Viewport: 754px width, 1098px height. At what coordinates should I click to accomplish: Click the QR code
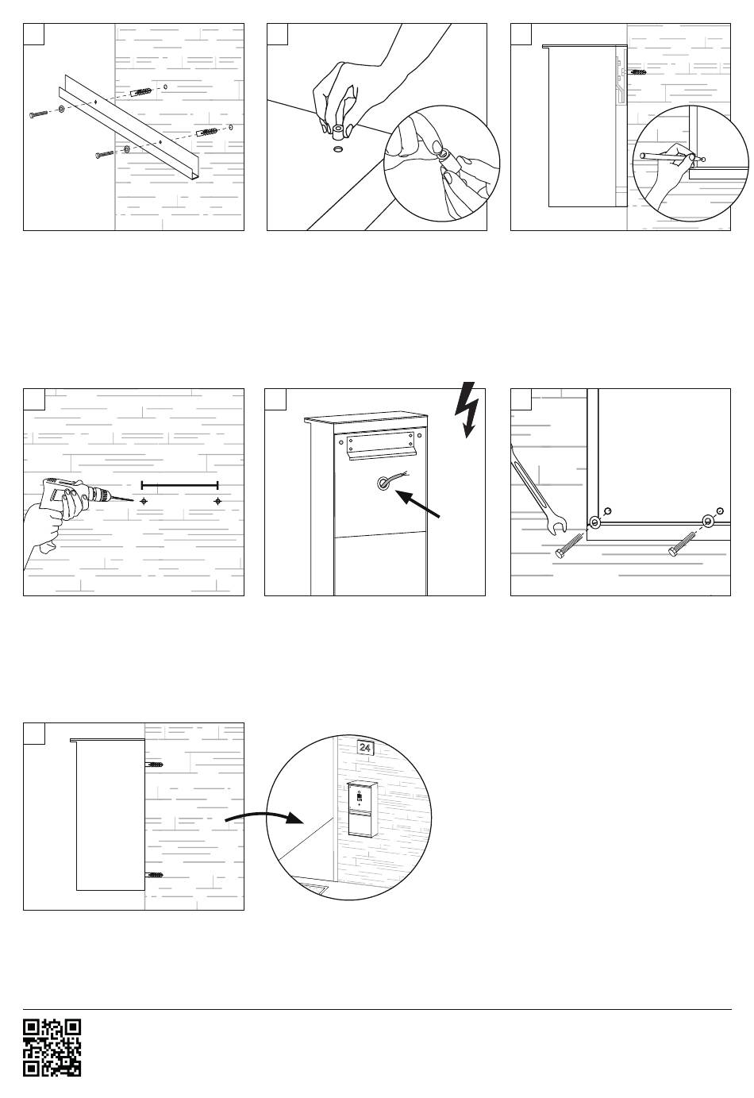[x=52, y=1046]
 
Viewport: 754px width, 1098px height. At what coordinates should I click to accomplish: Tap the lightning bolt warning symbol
[x=467, y=410]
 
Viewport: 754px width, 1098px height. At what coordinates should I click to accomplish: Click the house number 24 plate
[x=365, y=747]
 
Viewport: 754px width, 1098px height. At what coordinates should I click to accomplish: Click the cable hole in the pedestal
[x=384, y=481]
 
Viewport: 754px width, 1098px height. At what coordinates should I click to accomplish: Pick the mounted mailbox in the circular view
[x=361, y=808]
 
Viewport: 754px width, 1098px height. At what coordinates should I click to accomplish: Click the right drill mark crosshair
[x=217, y=501]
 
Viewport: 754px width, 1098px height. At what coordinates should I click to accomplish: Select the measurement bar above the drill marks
[x=179, y=484]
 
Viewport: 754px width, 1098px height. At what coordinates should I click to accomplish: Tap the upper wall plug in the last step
[x=154, y=765]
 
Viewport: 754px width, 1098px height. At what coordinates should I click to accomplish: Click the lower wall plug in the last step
[x=154, y=874]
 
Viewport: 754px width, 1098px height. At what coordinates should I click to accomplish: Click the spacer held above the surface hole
[x=337, y=129]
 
